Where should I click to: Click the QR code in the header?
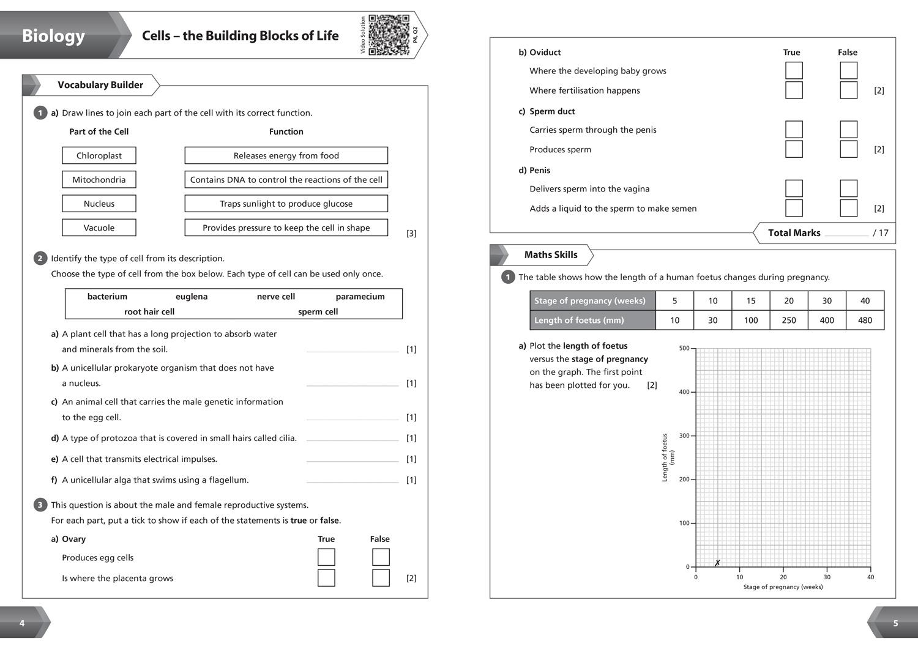[x=389, y=35]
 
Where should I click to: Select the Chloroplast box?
[x=99, y=155]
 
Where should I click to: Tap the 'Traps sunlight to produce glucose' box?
[x=286, y=204]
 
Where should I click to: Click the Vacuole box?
[x=99, y=228]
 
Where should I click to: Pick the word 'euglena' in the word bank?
[x=192, y=297]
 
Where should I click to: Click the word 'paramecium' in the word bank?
[x=360, y=297]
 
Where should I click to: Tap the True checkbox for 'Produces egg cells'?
[x=326, y=557]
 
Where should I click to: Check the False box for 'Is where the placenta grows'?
[x=381, y=578]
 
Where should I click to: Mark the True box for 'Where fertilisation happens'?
[x=794, y=91]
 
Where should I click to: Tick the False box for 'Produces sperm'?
[x=848, y=149]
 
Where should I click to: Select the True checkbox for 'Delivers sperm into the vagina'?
[x=794, y=188]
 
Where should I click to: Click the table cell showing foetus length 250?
[x=789, y=320]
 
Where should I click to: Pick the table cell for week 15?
[x=751, y=300]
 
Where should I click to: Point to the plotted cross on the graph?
[x=717, y=563]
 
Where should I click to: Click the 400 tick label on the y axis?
[x=684, y=392]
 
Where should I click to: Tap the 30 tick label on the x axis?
[x=827, y=577]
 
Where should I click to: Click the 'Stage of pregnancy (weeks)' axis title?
[x=783, y=587]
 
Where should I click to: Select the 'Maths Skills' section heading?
[x=550, y=255]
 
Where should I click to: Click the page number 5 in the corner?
[x=895, y=623]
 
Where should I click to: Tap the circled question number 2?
[x=40, y=258]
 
